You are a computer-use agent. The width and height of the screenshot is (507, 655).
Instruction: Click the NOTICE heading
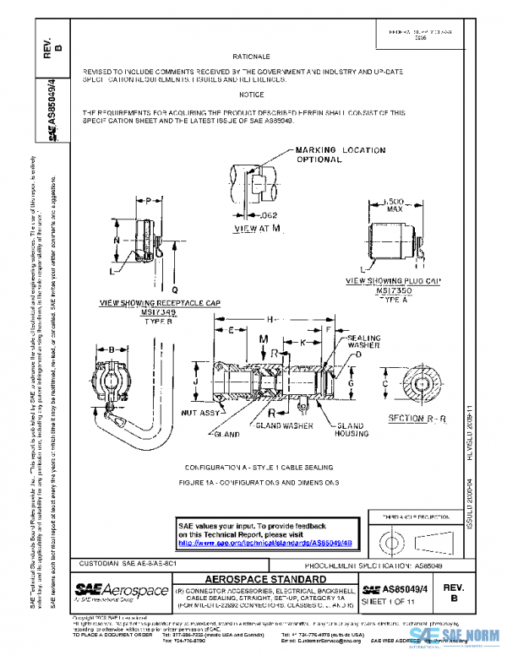(251, 94)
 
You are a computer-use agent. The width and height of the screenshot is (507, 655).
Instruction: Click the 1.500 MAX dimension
(392, 205)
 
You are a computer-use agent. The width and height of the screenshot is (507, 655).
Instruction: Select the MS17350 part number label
(393, 290)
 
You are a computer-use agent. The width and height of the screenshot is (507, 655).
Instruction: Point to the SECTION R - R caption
(413, 419)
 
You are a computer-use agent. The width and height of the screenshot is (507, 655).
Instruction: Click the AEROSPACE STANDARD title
(264, 578)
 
